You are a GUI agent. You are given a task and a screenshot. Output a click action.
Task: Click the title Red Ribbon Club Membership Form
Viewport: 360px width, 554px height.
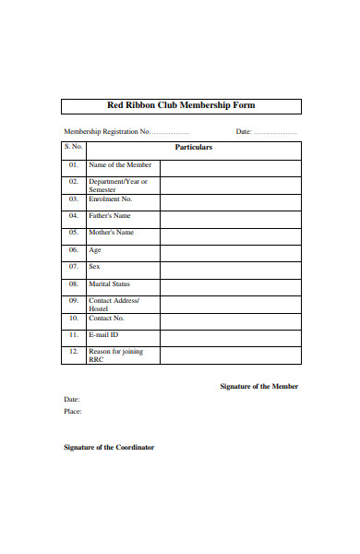181,105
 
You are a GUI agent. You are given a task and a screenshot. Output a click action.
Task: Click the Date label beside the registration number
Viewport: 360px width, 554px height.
244,132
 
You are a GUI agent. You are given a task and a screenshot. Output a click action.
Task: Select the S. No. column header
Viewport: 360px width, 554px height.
74,148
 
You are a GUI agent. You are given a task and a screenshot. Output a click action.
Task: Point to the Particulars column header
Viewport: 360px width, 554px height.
194,148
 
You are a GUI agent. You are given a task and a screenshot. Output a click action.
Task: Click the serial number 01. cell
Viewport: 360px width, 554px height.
74,165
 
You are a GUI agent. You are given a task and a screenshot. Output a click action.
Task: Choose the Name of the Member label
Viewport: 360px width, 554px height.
120,165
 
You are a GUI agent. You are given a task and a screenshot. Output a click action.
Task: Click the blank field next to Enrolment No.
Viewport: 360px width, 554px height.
230,199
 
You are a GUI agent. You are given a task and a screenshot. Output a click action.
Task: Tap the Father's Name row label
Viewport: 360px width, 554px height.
110,216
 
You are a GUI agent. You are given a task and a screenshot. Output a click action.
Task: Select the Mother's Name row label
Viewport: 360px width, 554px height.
111,233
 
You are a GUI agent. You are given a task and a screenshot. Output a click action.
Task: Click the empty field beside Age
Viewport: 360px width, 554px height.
230,250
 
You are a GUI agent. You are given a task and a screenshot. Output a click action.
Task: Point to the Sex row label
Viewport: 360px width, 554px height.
94,267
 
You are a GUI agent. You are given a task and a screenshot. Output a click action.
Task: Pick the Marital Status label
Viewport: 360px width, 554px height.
109,284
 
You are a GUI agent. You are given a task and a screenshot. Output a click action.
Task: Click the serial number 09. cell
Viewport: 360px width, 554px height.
74,301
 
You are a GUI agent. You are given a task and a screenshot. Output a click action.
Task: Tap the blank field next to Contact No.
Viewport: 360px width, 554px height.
230,319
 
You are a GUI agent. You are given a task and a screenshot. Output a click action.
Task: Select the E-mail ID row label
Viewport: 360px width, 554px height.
103,335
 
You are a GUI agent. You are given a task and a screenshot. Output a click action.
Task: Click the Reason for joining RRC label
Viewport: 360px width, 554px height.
115,355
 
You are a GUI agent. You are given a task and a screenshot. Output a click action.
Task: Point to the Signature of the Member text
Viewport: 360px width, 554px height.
258,386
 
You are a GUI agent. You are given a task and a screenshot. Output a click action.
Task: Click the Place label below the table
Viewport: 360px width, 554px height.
73,412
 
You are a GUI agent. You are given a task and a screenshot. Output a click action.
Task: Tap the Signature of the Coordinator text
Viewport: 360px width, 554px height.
108,448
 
